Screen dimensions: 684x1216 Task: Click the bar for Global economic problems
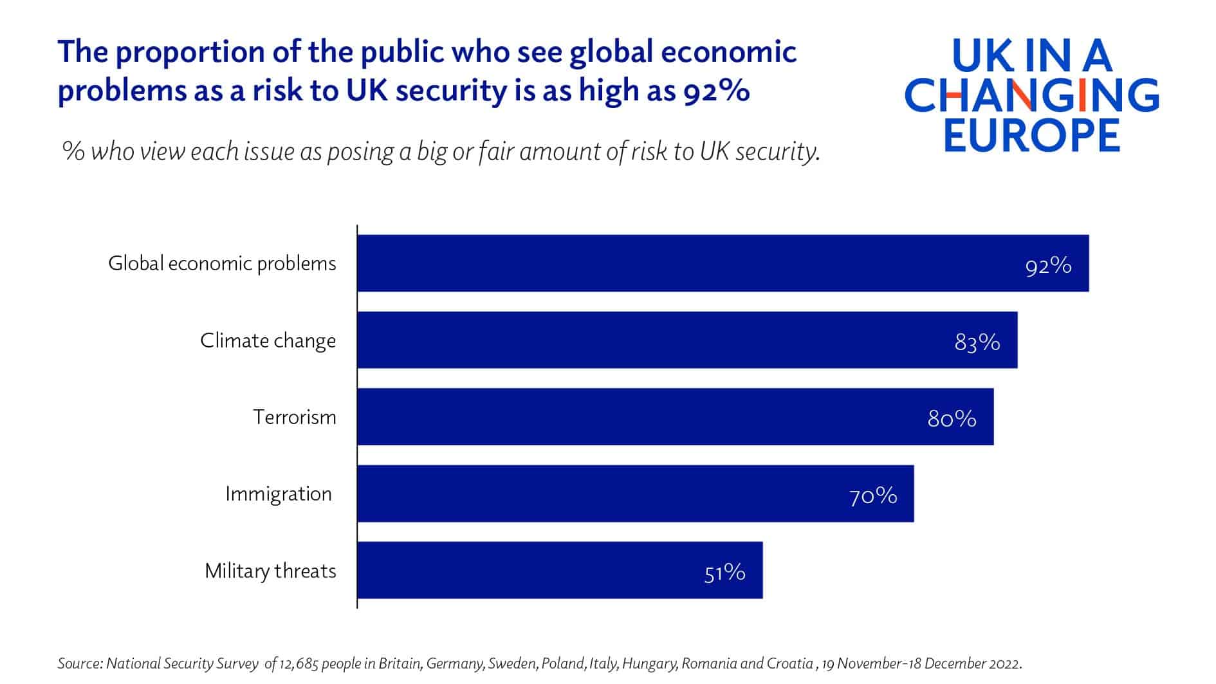pyautogui.click(x=723, y=263)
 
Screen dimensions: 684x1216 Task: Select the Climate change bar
pyautogui.click(x=687, y=340)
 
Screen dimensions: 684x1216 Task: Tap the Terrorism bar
pyautogui.click(x=675, y=417)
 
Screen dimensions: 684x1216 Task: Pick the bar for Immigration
pyautogui.click(x=635, y=494)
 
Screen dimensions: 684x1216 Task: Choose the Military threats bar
pyautogui.click(x=560, y=570)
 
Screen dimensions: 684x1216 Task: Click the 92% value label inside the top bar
pyautogui.click(x=1048, y=266)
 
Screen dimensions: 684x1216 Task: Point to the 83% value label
pyautogui.click(x=977, y=342)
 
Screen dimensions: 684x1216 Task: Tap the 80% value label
pyautogui.click(x=952, y=419)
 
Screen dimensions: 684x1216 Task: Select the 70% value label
pyautogui.click(x=873, y=496)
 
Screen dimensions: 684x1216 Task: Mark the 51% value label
pyautogui.click(x=724, y=572)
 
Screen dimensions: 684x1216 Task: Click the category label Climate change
pyautogui.click(x=268, y=340)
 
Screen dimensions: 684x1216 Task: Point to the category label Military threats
pyautogui.click(x=270, y=571)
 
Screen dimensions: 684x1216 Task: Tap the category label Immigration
pyautogui.click(x=278, y=494)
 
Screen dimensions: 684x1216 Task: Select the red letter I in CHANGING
pyautogui.click(x=1082, y=95)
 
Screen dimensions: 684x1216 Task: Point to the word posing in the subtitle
pyautogui.click(x=364, y=152)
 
